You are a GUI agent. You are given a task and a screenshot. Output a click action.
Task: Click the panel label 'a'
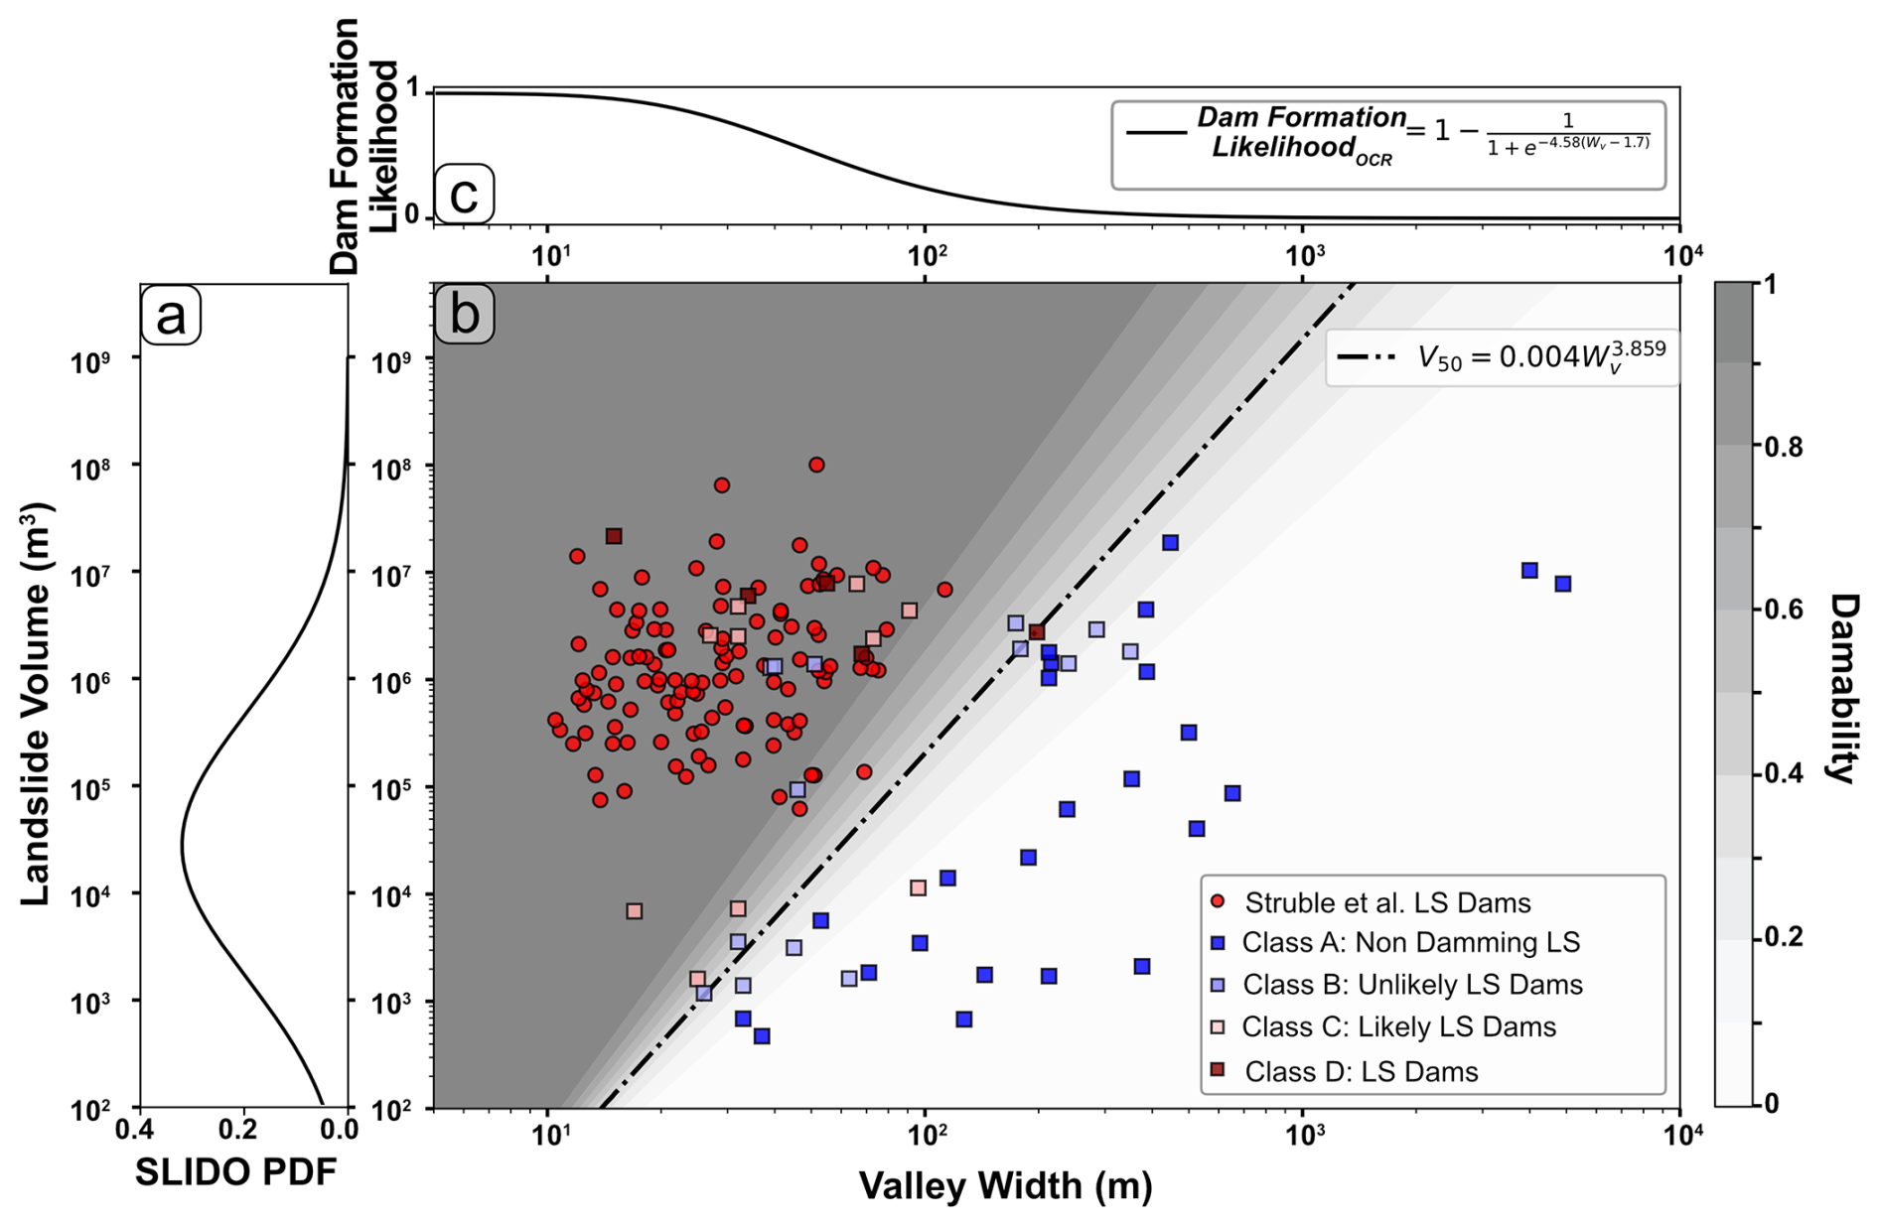point(171,316)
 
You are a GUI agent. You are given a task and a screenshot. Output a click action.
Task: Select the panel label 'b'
point(464,315)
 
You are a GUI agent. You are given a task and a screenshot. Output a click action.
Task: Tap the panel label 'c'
point(464,194)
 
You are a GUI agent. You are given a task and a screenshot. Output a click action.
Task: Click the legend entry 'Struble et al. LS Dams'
point(1386,902)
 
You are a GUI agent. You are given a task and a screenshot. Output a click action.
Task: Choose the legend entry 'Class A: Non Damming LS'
point(1410,942)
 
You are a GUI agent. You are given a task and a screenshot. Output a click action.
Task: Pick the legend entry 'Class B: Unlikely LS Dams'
point(1411,985)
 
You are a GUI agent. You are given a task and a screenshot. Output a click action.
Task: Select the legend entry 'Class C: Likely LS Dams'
point(1398,1026)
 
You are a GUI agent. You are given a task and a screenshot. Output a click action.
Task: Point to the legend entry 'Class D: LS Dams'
point(1361,1071)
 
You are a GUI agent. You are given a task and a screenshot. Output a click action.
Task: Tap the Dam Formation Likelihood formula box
point(1387,145)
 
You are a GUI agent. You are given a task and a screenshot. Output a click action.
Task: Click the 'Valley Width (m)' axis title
point(1005,1185)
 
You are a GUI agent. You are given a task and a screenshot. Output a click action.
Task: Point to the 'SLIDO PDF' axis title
point(236,1172)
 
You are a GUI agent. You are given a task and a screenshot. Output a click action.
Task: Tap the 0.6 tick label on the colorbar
point(1784,610)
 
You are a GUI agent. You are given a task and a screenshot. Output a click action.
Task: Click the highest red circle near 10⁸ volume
point(816,465)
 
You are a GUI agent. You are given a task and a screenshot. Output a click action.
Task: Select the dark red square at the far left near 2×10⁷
point(614,536)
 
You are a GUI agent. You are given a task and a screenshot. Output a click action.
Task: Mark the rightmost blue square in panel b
point(1563,584)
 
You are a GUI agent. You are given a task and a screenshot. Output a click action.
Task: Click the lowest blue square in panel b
point(762,1035)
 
